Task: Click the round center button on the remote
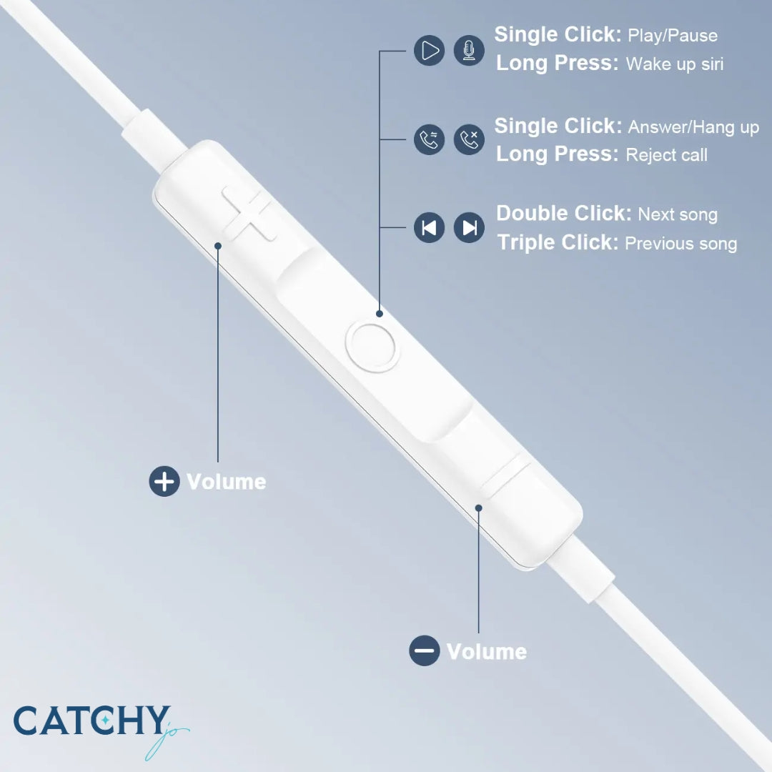pyautogui.click(x=372, y=346)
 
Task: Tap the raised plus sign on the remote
pyautogui.click(x=247, y=212)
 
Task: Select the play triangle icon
pyautogui.click(x=429, y=51)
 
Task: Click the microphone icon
pyautogui.click(x=469, y=51)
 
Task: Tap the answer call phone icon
pyautogui.click(x=429, y=139)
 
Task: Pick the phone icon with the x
pyautogui.click(x=469, y=139)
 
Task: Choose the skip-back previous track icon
pyautogui.click(x=429, y=228)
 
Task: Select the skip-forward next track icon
pyautogui.click(x=469, y=228)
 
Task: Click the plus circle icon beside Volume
pyautogui.click(x=164, y=481)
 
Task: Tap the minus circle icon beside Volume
pyautogui.click(x=424, y=650)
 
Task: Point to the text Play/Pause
pyautogui.click(x=672, y=36)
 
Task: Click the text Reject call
pyautogui.click(x=666, y=155)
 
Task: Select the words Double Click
pyautogui.click(x=563, y=213)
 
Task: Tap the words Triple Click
pyautogui.click(x=558, y=242)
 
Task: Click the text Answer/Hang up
pyautogui.click(x=693, y=127)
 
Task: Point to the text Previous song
pyautogui.click(x=681, y=244)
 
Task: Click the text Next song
pyautogui.click(x=678, y=214)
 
